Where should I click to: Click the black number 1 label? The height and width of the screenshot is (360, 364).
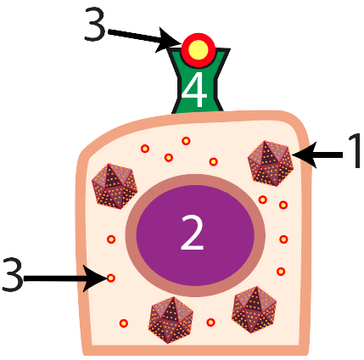pyautogui.click(x=355, y=151)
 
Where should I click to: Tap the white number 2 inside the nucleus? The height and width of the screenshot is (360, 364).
pyautogui.click(x=193, y=232)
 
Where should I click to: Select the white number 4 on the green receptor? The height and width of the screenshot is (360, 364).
pyautogui.click(x=193, y=89)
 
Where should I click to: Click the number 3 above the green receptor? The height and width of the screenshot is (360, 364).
pyautogui.click(x=95, y=24)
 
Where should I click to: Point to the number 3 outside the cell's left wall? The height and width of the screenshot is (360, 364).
pyautogui.click(x=13, y=274)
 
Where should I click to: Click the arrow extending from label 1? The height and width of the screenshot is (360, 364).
pyautogui.click(x=317, y=155)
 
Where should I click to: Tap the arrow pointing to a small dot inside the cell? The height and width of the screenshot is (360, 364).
pyautogui.click(x=65, y=278)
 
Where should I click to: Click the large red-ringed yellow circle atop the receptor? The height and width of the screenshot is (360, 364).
pyautogui.click(x=199, y=50)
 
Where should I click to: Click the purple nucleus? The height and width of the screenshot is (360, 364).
pyautogui.click(x=195, y=235)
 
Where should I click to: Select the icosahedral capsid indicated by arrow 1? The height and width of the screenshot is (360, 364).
pyautogui.click(x=271, y=163)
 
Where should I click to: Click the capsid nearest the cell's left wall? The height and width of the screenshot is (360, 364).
pyautogui.click(x=115, y=186)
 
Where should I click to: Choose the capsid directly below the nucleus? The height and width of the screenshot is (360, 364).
pyautogui.click(x=171, y=320)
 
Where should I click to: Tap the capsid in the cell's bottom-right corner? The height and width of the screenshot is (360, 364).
pyautogui.click(x=254, y=310)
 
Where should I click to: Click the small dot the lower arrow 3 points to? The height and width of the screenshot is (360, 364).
pyautogui.click(x=111, y=278)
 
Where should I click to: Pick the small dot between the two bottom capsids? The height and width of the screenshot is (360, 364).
pyautogui.click(x=210, y=322)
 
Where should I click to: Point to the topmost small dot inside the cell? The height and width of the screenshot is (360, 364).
pyautogui.click(x=186, y=141)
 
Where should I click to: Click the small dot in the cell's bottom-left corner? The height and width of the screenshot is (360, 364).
pyautogui.click(x=124, y=323)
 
